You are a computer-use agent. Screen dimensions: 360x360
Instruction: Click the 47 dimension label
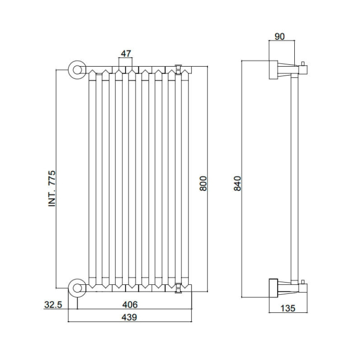126,53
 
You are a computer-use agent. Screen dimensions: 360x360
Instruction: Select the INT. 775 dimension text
52,188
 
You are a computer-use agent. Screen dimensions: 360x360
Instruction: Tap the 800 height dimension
203,183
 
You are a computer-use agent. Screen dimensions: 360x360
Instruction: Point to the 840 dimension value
237,183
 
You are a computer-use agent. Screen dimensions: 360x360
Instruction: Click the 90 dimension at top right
279,36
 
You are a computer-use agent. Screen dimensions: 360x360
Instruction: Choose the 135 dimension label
288,308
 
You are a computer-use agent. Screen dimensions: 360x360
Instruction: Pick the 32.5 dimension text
53,305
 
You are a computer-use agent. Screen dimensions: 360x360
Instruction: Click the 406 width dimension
130,304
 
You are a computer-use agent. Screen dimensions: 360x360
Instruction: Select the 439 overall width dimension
129,317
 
